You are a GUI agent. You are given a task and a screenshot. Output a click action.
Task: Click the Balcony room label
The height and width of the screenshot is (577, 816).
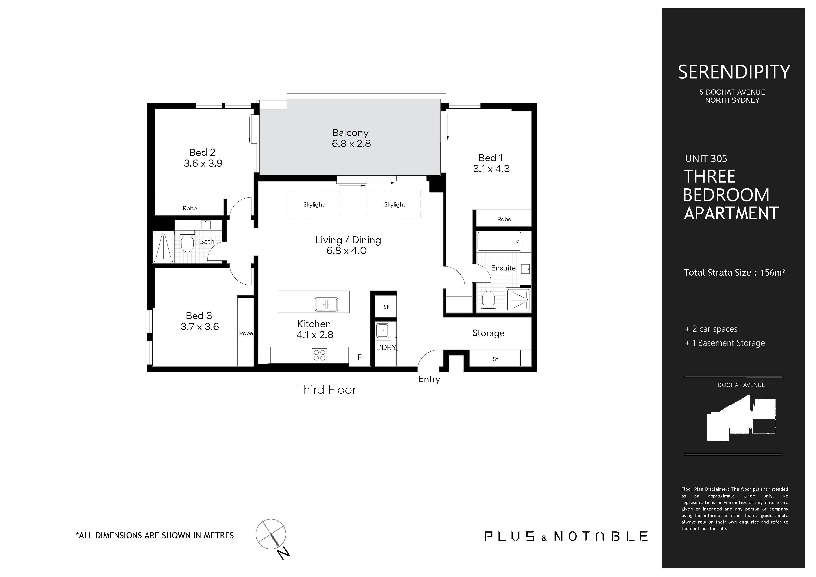click(x=350, y=133)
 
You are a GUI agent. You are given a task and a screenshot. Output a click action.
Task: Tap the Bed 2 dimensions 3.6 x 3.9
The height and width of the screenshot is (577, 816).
click(x=203, y=163)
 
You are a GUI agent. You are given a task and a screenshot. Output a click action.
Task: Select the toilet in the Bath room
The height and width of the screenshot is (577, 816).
click(x=187, y=242)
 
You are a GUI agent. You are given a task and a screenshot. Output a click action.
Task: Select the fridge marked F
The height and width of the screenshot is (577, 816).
click(x=359, y=357)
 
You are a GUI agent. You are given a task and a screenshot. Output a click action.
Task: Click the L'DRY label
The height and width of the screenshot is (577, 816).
click(x=386, y=347)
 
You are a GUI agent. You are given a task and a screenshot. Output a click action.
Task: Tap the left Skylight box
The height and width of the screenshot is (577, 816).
click(x=313, y=204)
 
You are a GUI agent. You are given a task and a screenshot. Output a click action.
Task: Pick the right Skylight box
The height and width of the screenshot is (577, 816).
click(x=394, y=204)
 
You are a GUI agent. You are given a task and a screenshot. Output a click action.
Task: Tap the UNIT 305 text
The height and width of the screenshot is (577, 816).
click(x=706, y=158)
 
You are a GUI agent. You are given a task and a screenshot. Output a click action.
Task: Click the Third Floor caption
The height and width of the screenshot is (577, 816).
click(x=326, y=390)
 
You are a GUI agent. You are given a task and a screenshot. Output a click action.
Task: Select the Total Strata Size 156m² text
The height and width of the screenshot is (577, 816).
click(x=734, y=273)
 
